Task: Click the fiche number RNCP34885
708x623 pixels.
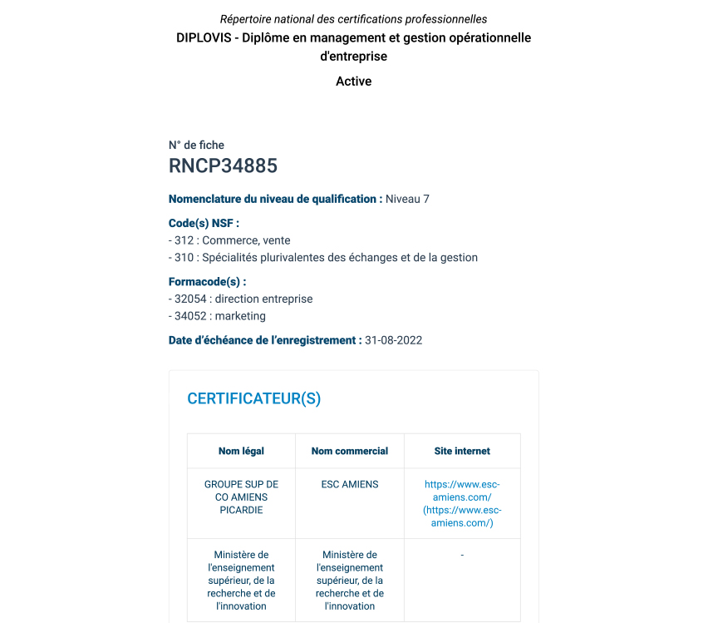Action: tap(223, 166)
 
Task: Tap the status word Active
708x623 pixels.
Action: tap(353, 82)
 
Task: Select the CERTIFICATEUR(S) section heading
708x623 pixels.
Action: tap(253, 398)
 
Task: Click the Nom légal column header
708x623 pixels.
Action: tap(241, 451)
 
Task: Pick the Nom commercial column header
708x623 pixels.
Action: tap(349, 451)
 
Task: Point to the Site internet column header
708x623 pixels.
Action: tap(462, 451)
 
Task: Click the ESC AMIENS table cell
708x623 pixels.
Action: tap(349, 484)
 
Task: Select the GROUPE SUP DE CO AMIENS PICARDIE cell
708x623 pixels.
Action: tap(241, 497)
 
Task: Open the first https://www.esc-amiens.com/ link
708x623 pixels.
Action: tap(462, 490)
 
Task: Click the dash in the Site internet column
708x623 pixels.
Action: tap(462, 555)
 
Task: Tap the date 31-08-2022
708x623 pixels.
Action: tap(393, 340)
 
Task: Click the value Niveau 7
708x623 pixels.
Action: tap(407, 199)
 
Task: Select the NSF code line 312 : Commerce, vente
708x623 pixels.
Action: tap(229, 240)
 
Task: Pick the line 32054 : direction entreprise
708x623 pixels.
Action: tap(240, 299)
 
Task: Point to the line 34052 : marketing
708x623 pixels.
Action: tap(217, 316)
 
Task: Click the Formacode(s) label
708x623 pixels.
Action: tap(207, 282)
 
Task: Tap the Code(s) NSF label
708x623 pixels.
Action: tap(204, 223)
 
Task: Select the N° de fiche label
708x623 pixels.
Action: tap(196, 145)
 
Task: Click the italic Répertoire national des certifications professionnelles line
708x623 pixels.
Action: tap(353, 19)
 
